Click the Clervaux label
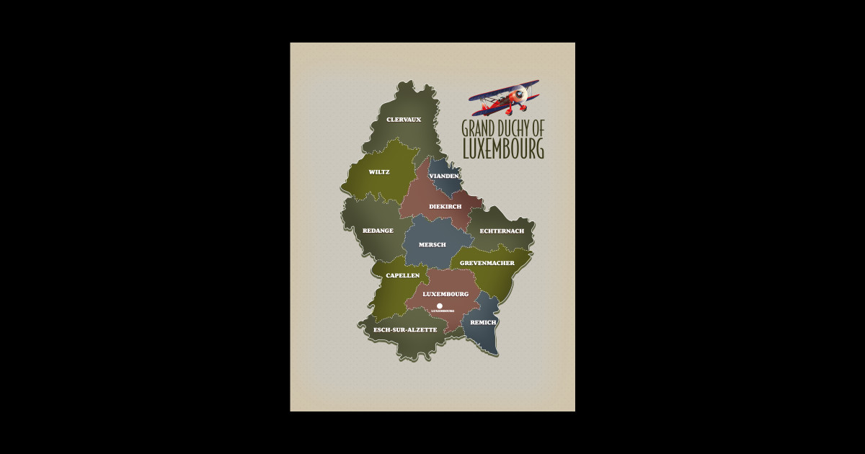coord(404,120)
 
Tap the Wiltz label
coord(379,172)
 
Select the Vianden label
coord(444,176)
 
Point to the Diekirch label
coord(445,207)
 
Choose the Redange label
coord(378,231)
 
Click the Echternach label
coord(502,231)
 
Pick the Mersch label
coord(432,245)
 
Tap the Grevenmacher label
coord(487,263)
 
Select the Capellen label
coord(403,275)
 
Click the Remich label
coord(483,322)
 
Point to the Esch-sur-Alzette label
coord(405,329)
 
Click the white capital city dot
coord(440,306)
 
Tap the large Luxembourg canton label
coord(445,294)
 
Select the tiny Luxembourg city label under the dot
coord(443,311)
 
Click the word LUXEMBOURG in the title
coord(503,148)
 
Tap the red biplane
coord(505,97)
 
